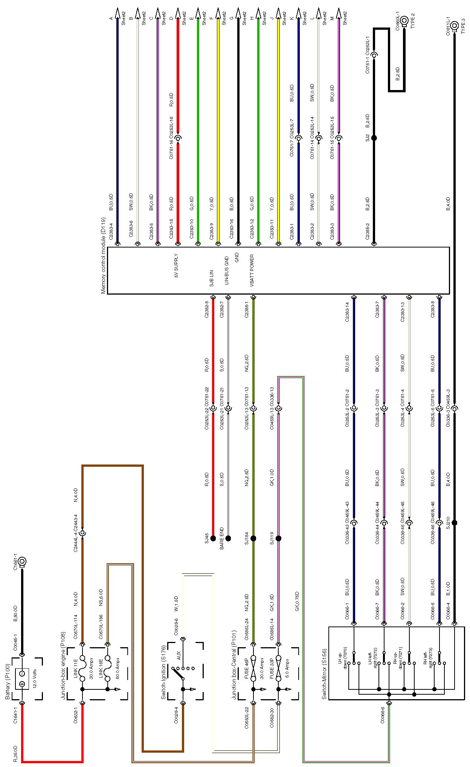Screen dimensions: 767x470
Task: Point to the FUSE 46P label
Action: click(x=247, y=668)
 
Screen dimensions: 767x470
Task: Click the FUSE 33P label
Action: click(x=272, y=668)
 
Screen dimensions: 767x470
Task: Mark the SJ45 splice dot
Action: click(x=213, y=538)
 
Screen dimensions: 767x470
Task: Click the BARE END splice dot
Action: click(x=228, y=538)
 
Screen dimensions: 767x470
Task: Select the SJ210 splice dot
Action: click(x=455, y=523)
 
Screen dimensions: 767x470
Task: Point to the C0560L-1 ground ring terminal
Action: click(x=404, y=20)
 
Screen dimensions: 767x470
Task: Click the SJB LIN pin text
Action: click(x=212, y=278)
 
